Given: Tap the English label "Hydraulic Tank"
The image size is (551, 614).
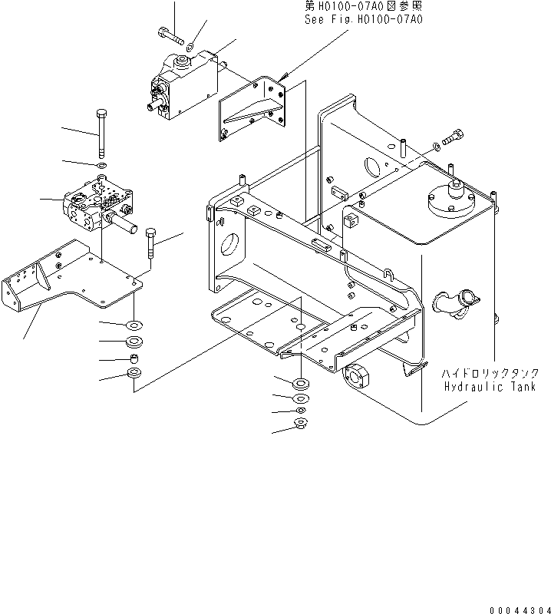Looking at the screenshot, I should point(489,387).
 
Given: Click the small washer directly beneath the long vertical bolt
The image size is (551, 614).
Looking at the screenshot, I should point(102,164).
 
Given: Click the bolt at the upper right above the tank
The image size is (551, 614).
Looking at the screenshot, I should point(452,137).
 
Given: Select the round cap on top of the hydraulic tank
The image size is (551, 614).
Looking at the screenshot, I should point(450,201).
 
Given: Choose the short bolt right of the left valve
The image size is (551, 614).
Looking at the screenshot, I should point(150,243).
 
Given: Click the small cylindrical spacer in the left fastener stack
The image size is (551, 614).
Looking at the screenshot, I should point(134,358).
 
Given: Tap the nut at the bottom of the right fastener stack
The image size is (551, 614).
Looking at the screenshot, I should point(300,424).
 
